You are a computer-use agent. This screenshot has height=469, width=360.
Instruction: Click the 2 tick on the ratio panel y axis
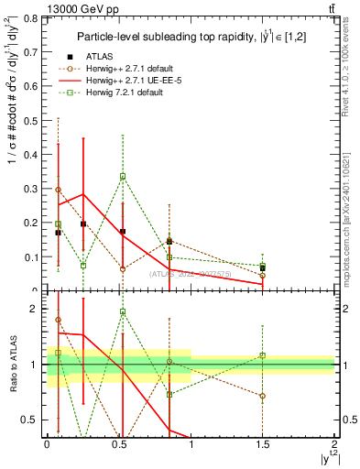pos(37,309)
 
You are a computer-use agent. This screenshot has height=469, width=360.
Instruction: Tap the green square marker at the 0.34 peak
pos(123,176)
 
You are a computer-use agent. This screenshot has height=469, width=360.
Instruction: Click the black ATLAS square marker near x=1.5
pos(263,268)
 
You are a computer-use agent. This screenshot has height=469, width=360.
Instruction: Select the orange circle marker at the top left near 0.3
pos(59,190)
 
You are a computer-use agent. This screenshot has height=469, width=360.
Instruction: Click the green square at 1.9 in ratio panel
pos(123,312)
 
